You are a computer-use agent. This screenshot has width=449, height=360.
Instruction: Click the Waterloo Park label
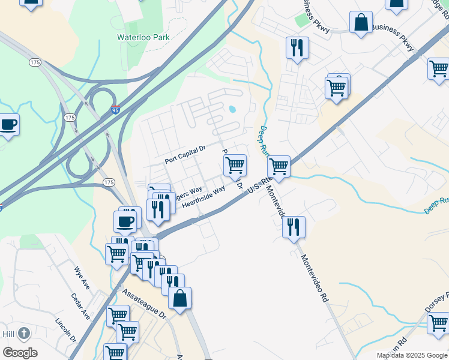coord(143,37)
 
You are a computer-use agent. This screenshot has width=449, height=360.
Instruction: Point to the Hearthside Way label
coord(203,197)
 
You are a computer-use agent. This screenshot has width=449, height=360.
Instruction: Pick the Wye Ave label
coord(82,278)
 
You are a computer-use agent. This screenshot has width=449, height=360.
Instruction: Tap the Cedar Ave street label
coord(80,306)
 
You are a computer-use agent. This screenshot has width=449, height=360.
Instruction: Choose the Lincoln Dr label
coord(66,330)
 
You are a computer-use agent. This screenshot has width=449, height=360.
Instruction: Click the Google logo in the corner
coord(20,353)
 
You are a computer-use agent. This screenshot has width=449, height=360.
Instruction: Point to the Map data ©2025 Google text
coord(412,355)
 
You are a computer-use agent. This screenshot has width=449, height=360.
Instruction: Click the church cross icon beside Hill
coord(23,333)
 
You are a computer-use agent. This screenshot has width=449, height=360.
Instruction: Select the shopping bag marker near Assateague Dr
coord(179,298)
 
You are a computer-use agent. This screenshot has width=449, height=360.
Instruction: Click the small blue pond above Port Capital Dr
coord(232,109)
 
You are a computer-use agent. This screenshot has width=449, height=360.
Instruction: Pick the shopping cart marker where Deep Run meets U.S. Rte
coord(279,165)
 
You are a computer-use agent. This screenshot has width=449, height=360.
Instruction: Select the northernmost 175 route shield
coord(34,62)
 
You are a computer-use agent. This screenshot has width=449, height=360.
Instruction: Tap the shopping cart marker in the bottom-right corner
coord(438,322)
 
